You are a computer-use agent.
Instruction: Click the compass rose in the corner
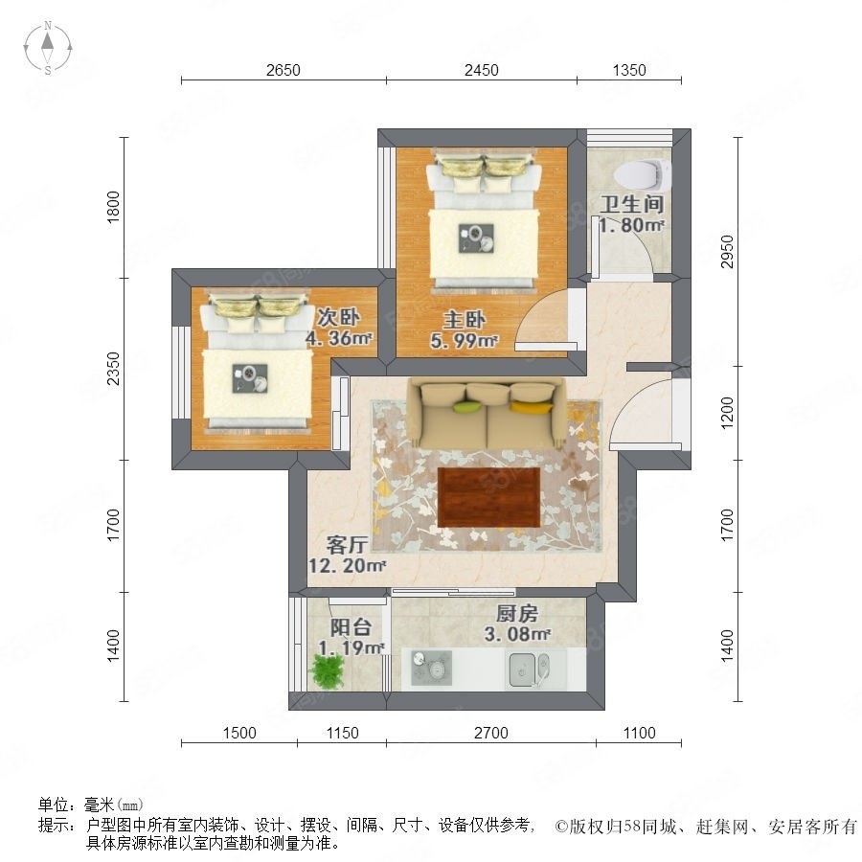[x=48, y=48]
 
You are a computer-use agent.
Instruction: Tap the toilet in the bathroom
[x=643, y=174]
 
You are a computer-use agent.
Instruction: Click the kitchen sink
[x=529, y=669]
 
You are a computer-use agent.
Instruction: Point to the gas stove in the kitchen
[x=432, y=668]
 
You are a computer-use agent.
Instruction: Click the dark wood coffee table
[x=488, y=497]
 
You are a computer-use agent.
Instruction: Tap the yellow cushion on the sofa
[x=531, y=407]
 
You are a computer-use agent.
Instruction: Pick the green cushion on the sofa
[x=467, y=407]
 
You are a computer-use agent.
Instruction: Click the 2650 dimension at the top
[x=284, y=70]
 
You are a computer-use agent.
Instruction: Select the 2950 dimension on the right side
[x=727, y=251]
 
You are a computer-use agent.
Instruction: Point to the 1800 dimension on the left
[x=113, y=207]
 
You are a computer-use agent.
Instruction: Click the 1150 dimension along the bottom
[x=342, y=733]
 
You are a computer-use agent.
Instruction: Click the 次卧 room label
[x=338, y=317]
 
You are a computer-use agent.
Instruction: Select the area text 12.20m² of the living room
[x=347, y=565]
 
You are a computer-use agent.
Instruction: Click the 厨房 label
[x=517, y=613]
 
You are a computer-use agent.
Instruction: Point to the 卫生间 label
[x=632, y=204]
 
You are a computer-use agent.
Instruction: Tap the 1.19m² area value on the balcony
[x=352, y=648]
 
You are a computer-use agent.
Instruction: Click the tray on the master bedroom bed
[x=476, y=238]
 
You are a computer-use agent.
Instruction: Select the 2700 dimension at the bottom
[x=491, y=733]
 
